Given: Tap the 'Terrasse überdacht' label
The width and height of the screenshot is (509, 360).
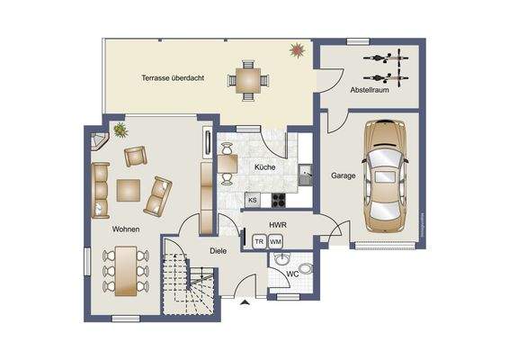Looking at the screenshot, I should tap(172, 77).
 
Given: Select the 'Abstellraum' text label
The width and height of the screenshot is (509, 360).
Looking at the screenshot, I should tap(370, 89).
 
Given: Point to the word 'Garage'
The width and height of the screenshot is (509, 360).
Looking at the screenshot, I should tap(343, 175).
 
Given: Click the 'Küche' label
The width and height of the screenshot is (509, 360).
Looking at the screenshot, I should tap(264, 167).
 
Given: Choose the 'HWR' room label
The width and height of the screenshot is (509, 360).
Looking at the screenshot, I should tap(277, 224).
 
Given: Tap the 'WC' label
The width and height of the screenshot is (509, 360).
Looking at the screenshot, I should tap(292, 273).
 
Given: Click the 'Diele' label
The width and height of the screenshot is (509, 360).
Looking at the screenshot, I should tap(219, 252).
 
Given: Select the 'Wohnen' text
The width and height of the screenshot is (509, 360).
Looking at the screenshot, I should tap(126, 230).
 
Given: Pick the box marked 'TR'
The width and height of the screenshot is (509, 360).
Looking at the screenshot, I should tap(259, 241).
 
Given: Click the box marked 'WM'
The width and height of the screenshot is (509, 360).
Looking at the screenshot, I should tap(275, 241).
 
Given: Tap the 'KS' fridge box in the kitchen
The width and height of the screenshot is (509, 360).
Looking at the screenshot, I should tap(253, 200).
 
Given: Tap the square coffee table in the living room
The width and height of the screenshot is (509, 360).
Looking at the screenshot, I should tap(129, 190).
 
